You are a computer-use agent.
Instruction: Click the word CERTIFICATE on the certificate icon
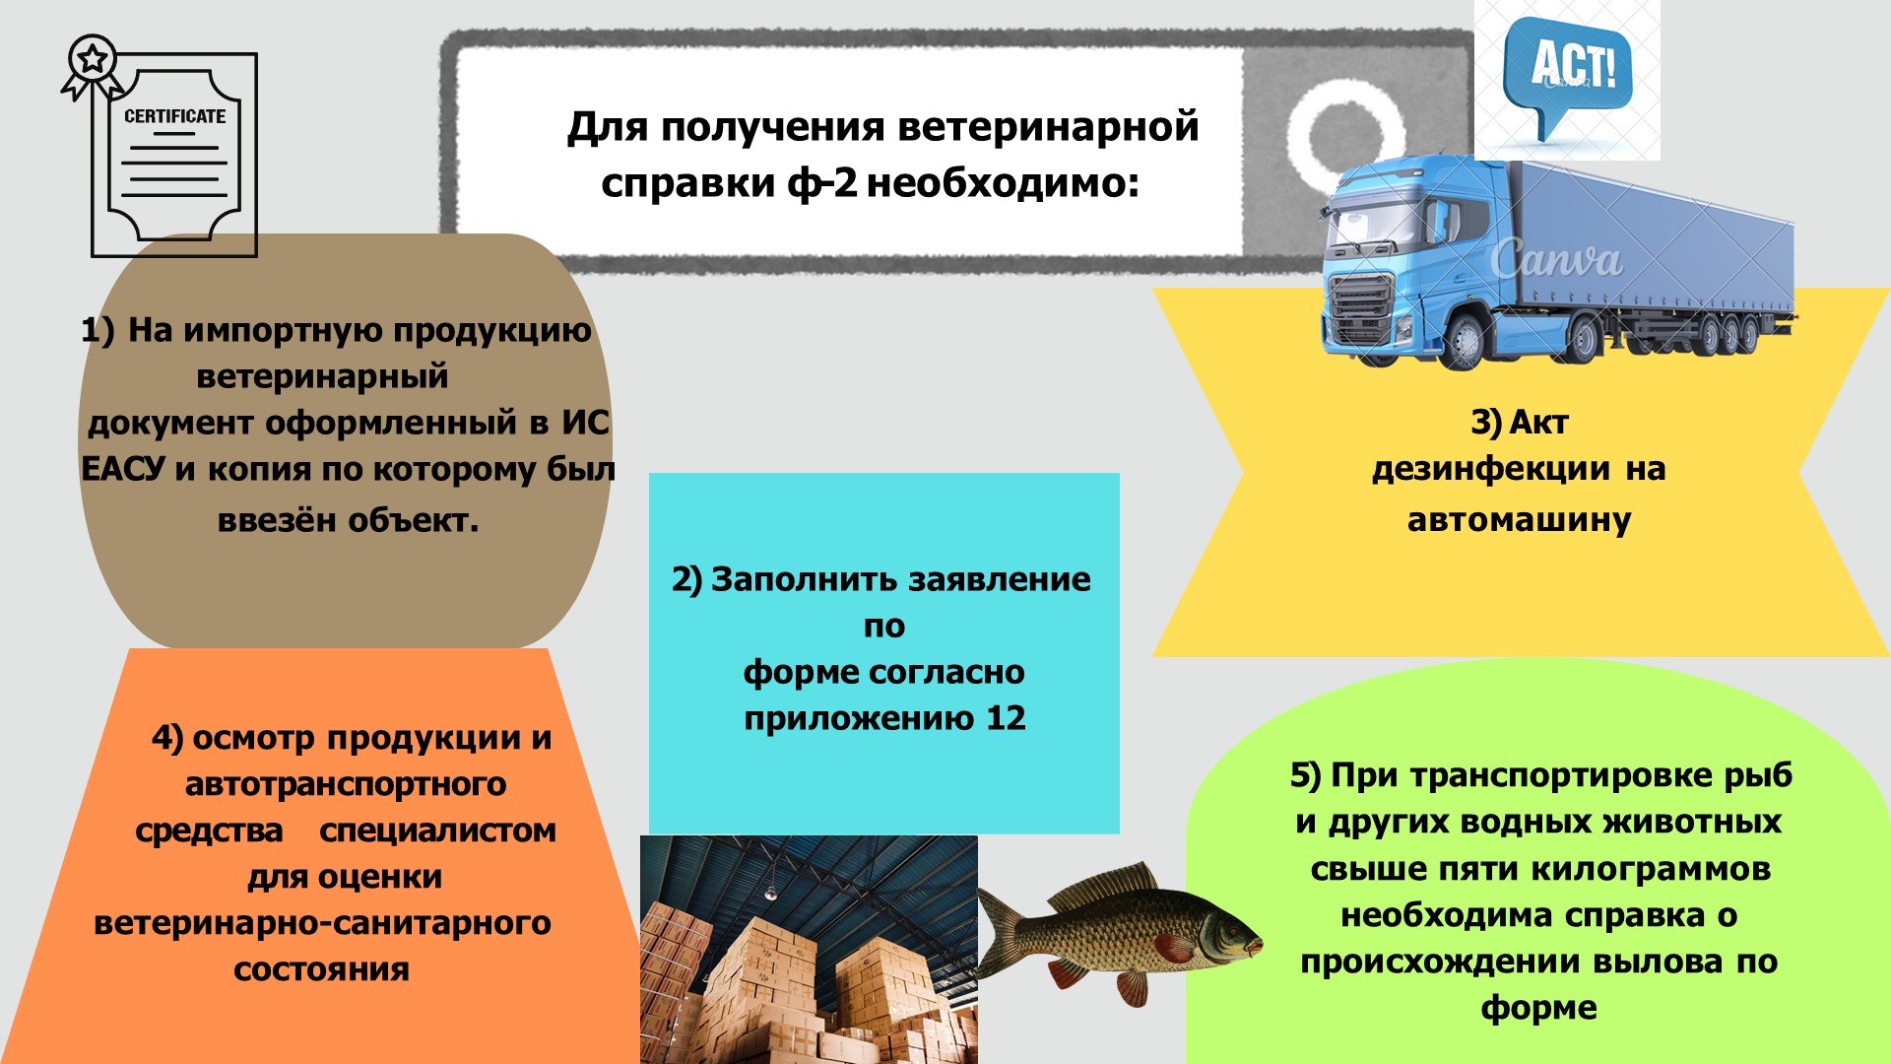(x=174, y=116)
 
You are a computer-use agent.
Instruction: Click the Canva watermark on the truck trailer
(x=1556, y=259)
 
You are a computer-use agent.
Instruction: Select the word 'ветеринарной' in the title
(x=1049, y=127)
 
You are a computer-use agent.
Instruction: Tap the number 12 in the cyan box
(x=1006, y=718)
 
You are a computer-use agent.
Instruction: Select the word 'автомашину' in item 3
(x=1519, y=519)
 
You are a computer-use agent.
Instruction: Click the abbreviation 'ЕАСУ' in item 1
(x=123, y=469)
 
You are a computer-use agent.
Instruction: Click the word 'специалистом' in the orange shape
(x=437, y=831)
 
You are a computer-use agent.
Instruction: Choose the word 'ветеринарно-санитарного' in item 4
(x=322, y=923)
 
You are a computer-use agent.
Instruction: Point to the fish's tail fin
(x=1002, y=932)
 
